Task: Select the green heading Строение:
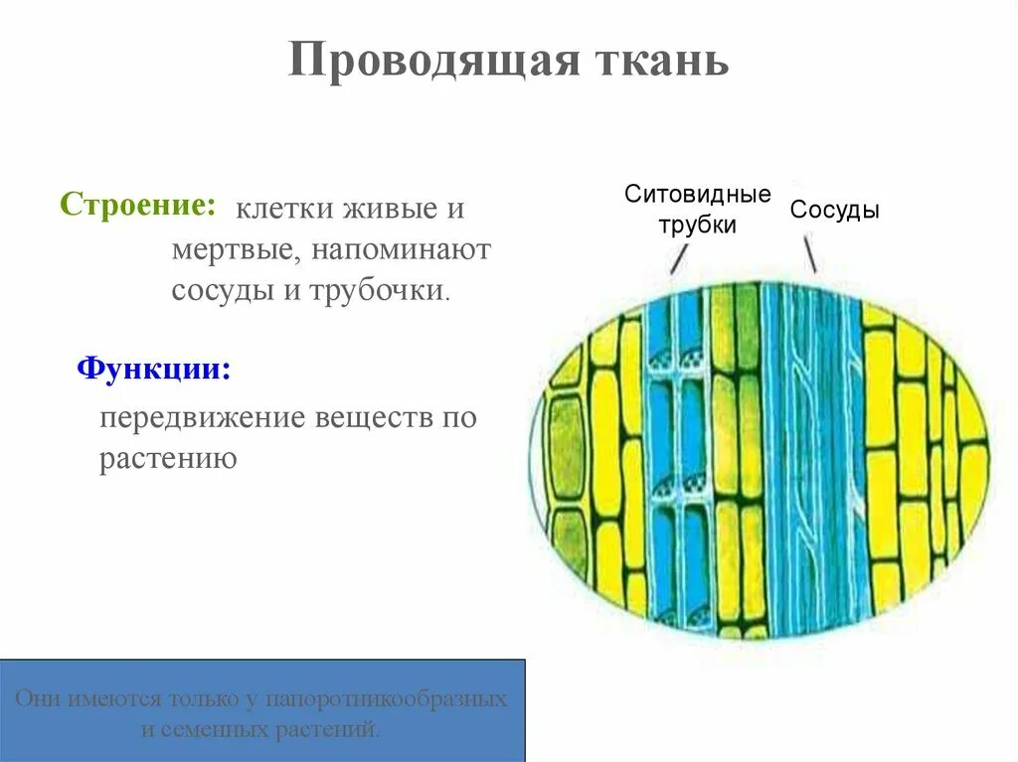tap(138, 205)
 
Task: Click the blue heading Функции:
tap(154, 370)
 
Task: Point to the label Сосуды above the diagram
tap(835, 211)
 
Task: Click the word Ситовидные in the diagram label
tap(697, 195)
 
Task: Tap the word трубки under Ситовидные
tap(697, 226)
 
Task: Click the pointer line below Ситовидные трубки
tap(679, 259)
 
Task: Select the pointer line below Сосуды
tap(810, 254)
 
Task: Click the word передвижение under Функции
tap(202, 417)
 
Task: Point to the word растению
tap(167, 459)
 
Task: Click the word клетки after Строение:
tap(283, 210)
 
